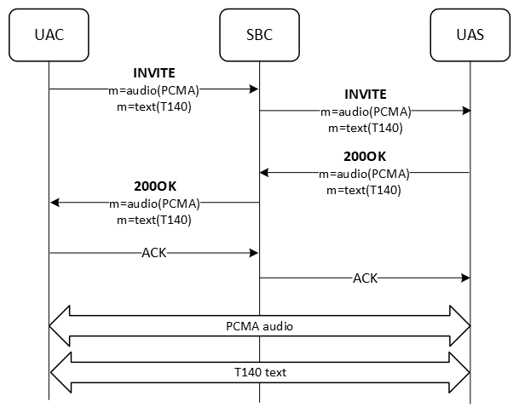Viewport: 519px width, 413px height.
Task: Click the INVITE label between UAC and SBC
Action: tap(153, 72)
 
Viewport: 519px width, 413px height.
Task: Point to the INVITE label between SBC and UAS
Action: tap(365, 95)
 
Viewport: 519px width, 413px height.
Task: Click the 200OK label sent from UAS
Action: tap(365, 157)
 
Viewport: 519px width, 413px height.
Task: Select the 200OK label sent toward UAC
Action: tap(154, 186)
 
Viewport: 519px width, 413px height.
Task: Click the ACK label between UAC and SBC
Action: tap(154, 253)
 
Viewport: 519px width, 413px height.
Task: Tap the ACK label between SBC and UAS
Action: tap(365, 278)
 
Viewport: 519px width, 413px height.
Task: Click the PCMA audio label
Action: tap(259, 325)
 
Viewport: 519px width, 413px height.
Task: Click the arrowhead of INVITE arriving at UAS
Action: tap(465, 112)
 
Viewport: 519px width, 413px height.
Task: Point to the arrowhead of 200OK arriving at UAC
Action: tap(55, 203)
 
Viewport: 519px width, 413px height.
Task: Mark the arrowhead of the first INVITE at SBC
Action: tap(254, 89)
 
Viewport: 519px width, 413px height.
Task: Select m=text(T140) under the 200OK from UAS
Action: tap(365, 189)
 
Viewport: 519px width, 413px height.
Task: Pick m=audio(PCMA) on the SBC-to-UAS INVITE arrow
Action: tap(365, 112)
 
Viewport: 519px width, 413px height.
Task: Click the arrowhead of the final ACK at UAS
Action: tap(465, 278)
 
